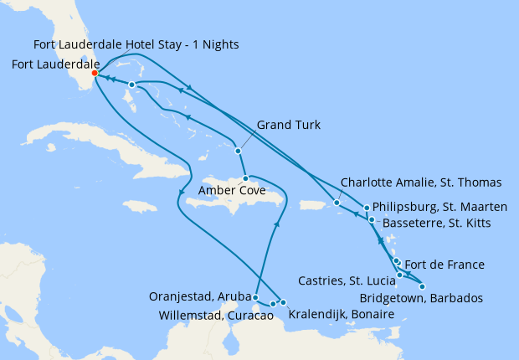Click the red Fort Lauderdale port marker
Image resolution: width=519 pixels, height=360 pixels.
[x=95, y=73]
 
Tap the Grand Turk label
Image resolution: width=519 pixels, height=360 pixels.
[x=289, y=126]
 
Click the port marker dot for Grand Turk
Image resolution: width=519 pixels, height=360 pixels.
[x=239, y=151]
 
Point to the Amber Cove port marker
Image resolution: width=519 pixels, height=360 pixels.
[x=245, y=178]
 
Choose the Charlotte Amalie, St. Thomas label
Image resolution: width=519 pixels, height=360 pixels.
[x=421, y=182]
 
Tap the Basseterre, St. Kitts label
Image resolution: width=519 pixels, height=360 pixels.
[x=435, y=224]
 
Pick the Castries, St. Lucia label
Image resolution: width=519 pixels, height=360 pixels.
[x=347, y=280]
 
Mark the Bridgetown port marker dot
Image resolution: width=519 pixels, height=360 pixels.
[x=422, y=286]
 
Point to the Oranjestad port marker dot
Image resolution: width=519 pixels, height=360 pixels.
[x=255, y=297]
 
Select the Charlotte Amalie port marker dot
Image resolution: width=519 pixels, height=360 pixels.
[x=337, y=203]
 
